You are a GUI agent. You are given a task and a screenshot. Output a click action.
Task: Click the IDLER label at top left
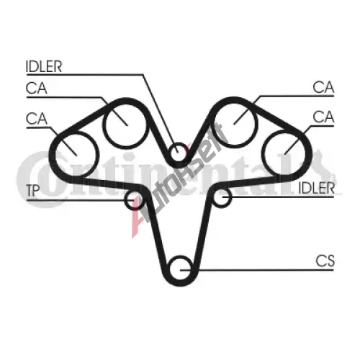pyautogui.click(x=44, y=66)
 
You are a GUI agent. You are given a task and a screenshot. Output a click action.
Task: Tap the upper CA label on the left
pyautogui.click(x=36, y=88)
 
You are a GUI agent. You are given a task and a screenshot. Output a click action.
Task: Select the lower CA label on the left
pyautogui.click(x=36, y=119)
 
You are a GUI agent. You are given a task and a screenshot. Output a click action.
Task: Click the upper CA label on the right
pyautogui.click(x=323, y=87)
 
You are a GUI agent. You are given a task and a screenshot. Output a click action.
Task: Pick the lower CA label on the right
pyautogui.click(x=323, y=117)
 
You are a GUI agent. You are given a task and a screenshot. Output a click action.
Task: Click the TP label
pyautogui.click(x=32, y=190)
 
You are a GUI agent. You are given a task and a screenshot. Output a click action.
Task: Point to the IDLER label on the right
pyautogui.click(x=316, y=188)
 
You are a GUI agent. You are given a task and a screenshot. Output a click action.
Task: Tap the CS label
pyautogui.click(x=325, y=261)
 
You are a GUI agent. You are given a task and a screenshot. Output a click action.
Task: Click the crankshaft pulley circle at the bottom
pyautogui.click(x=171, y=269)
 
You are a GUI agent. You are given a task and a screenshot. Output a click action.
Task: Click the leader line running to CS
pyautogui.click(x=257, y=270)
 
